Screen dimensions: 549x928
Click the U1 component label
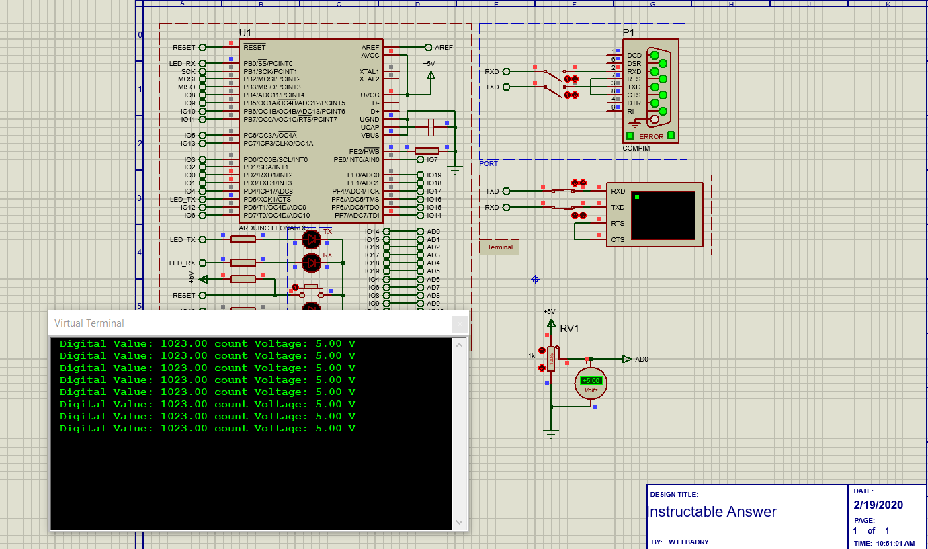click(245, 33)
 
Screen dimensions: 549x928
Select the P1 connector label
click(628, 32)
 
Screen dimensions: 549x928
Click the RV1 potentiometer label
click(569, 329)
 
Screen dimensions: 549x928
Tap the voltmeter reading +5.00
click(591, 380)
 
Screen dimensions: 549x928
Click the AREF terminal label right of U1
click(444, 48)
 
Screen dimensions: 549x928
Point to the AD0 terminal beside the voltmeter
click(642, 360)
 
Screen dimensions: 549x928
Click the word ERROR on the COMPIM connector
click(650, 136)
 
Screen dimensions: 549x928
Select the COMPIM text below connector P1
click(636, 149)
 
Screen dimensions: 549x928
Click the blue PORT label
click(489, 164)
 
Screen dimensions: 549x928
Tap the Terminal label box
click(499, 247)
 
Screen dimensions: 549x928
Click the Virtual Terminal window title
click(89, 323)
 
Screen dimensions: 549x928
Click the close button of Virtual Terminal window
click(460, 324)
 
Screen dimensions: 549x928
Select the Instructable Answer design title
click(712, 512)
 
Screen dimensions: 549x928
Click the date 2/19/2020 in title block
click(878, 505)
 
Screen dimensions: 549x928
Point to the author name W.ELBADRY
click(688, 542)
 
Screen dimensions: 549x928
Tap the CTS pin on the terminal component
click(617, 239)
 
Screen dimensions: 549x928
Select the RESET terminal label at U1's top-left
click(183, 48)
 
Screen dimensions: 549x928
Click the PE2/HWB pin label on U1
click(364, 151)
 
